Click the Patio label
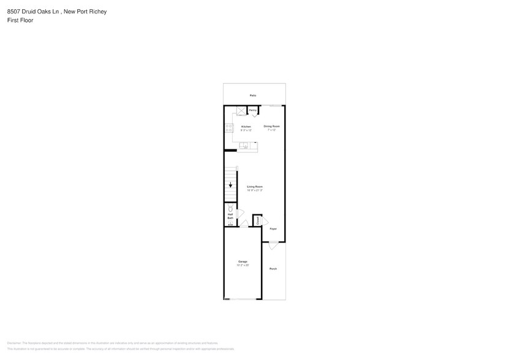(x=252, y=96)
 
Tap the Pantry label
(x=252, y=110)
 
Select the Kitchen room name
(x=246, y=127)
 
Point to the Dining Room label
(x=271, y=127)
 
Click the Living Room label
(x=255, y=187)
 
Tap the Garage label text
(x=243, y=262)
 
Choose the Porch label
(x=273, y=269)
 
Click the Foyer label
(x=273, y=229)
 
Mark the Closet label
(x=257, y=220)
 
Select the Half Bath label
(x=230, y=216)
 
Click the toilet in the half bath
(x=230, y=209)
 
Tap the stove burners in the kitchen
(x=228, y=128)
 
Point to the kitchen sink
(x=244, y=146)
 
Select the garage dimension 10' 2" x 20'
(x=243, y=266)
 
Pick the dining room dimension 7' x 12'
(x=271, y=130)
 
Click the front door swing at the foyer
(x=273, y=245)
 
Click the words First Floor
(x=20, y=20)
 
